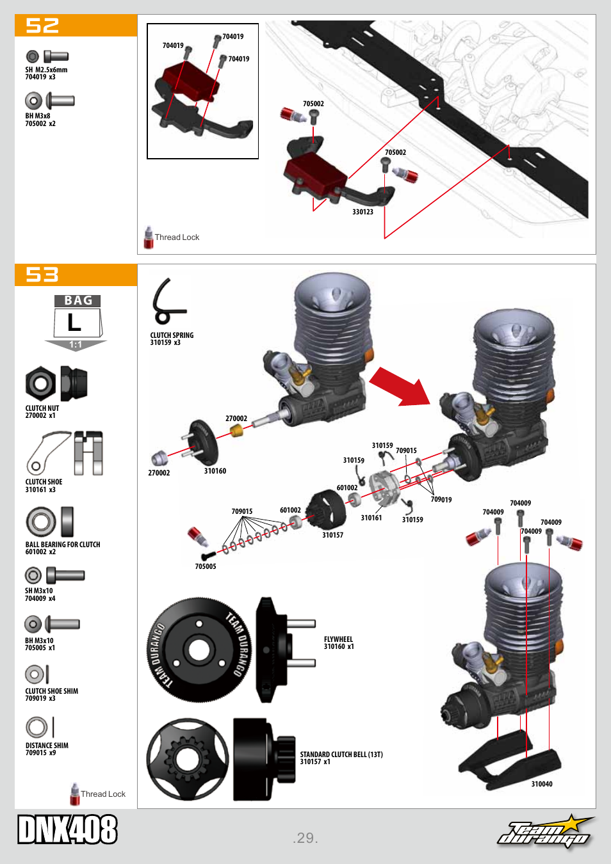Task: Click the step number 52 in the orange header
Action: (x=42, y=26)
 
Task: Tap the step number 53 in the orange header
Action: (x=42, y=275)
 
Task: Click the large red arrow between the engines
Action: (x=401, y=387)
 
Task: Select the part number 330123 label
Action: (x=363, y=212)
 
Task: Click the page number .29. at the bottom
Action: (x=305, y=838)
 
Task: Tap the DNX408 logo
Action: (x=67, y=829)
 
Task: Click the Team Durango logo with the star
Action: (x=546, y=831)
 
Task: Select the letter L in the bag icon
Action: (x=75, y=323)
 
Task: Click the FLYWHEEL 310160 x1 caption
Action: (x=338, y=643)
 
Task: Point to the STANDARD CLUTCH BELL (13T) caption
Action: (x=341, y=755)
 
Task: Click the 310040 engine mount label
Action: (x=542, y=784)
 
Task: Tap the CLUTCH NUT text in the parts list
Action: (x=42, y=408)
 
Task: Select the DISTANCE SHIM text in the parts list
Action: (x=47, y=746)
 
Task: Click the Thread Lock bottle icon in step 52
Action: (x=149, y=237)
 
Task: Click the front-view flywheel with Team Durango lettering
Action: (x=199, y=650)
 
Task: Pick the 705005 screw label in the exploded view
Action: (x=206, y=566)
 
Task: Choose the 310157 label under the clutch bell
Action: (x=332, y=535)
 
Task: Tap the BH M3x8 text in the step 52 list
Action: (x=38, y=116)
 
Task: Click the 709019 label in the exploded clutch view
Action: (x=441, y=500)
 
